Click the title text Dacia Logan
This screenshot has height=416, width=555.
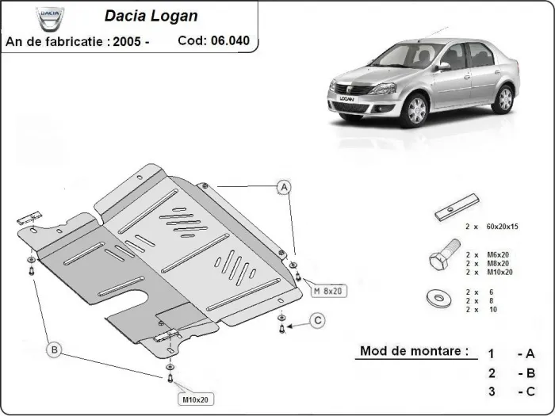(x=151, y=16)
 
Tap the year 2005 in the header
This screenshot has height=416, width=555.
(x=128, y=40)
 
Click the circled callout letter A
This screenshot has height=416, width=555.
(x=282, y=187)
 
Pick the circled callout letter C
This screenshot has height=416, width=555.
(x=316, y=320)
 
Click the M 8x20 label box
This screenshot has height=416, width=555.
(x=328, y=291)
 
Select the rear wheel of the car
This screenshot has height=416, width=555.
(x=503, y=99)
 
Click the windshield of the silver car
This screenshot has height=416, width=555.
(x=411, y=57)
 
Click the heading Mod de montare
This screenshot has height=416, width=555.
(x=413, y=350)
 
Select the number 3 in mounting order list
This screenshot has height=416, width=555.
(x=492, y=391)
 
